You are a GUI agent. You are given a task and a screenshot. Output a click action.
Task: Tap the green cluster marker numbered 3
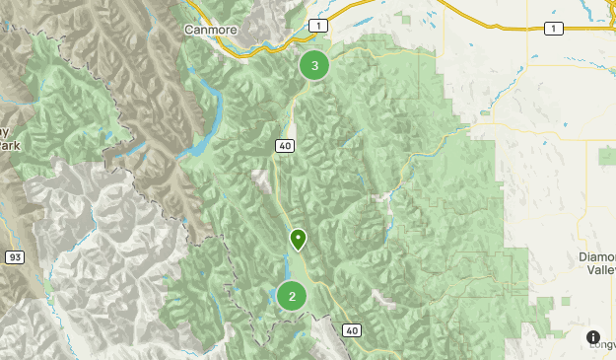[x=314, y=66]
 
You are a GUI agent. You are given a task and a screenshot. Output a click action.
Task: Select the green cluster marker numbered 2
[x=291, y=296]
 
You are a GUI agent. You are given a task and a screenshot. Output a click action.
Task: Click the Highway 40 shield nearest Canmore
[x=285, y=146]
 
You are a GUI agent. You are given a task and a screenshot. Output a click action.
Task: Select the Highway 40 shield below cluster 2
[x=352, y=329]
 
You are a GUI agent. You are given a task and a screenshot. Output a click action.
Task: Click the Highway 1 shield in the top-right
[x=554, y=29]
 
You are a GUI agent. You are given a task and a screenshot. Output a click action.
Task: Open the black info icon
[x=593, y=337]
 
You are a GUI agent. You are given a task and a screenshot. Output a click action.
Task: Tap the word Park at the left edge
[x=10, y=145]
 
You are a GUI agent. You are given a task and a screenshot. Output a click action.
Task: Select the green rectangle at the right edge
[x=606, y=155]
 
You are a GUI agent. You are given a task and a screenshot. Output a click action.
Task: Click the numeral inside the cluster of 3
[x=314, y=66]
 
